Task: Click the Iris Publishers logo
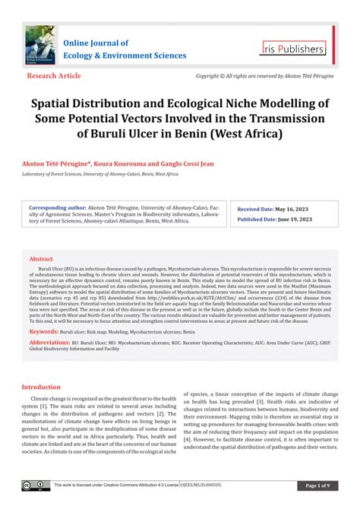click(292, 48)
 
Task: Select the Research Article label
click(54, 76)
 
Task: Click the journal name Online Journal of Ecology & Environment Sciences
click(125, 49)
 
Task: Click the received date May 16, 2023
click(292, 207)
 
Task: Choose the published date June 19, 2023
click(295, 219)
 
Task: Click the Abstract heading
click(41, 259)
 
